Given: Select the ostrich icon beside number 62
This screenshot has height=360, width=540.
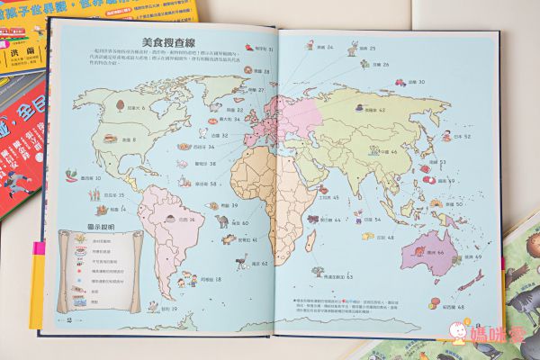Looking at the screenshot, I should tap(241, 261).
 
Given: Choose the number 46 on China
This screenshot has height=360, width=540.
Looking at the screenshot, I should tap(392, 152).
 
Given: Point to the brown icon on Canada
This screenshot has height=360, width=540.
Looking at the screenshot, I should tap(120, 103).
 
